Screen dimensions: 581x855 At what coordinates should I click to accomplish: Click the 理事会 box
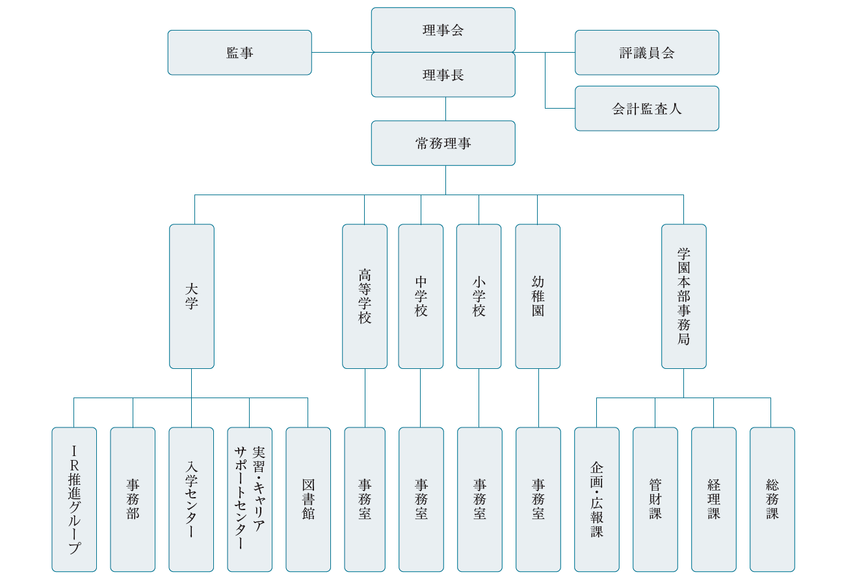click(443, 30)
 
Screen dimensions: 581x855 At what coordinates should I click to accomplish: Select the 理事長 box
click(443, 75)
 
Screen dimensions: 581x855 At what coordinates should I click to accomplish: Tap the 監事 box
click(239, 53)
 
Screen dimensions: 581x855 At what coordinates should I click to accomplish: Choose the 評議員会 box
click(646, 53)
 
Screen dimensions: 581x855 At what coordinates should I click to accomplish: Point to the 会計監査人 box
click(646, 109)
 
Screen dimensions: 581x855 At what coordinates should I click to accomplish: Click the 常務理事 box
click(443, 143)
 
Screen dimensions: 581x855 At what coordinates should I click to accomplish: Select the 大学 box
click(191, 296)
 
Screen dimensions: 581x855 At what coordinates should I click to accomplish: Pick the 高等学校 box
click(364, 296)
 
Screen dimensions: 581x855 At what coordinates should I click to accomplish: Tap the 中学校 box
click(421, 296)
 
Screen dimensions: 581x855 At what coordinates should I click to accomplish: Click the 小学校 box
click(479, 296)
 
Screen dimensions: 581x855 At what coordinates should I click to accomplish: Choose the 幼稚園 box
click(537, 296)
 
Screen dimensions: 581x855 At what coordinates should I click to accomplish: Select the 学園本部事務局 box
click(683, 296)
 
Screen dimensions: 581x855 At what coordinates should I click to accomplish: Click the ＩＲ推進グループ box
click(74, 499)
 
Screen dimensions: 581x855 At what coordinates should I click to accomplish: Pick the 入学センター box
click(191, 499)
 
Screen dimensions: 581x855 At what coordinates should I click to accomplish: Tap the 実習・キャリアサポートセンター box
click(250, 499)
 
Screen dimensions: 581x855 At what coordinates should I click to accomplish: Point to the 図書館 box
click(308, 499)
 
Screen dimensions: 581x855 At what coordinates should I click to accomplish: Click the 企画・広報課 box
click(596, 499)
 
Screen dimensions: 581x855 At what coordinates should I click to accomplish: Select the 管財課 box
click(655, 499)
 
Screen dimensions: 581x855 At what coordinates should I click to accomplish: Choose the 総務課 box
click(772, 499)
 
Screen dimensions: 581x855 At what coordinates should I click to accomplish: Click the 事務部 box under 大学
click(133, 499)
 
